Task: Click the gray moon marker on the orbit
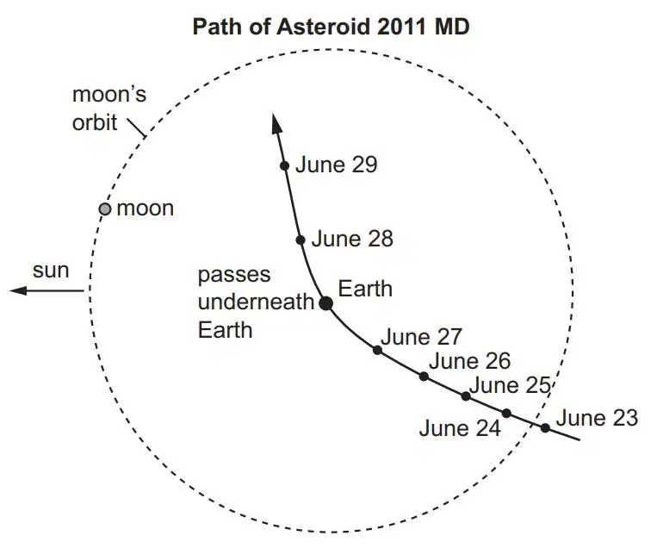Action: (105, 209)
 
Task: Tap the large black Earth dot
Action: (326, 302)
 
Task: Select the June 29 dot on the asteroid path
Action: (284, 165)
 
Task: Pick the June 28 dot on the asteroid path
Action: (301, 240)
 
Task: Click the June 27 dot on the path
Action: (377, 350)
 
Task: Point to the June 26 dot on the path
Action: (424, 376)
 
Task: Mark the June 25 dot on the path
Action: (466, 395)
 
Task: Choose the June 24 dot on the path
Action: (506, 414)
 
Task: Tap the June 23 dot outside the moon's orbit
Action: (545, 427)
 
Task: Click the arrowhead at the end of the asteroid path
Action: (276, 123)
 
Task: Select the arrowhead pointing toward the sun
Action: (18, 290)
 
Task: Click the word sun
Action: (51, 271)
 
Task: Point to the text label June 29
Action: (337, 165)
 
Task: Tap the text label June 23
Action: (597, 418)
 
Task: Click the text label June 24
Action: (460, 428)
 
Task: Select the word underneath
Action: (256, 302)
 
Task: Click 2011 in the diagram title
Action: (402, 27)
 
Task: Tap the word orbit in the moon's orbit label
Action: (95, 122)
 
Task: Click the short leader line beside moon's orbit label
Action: (137, 128)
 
